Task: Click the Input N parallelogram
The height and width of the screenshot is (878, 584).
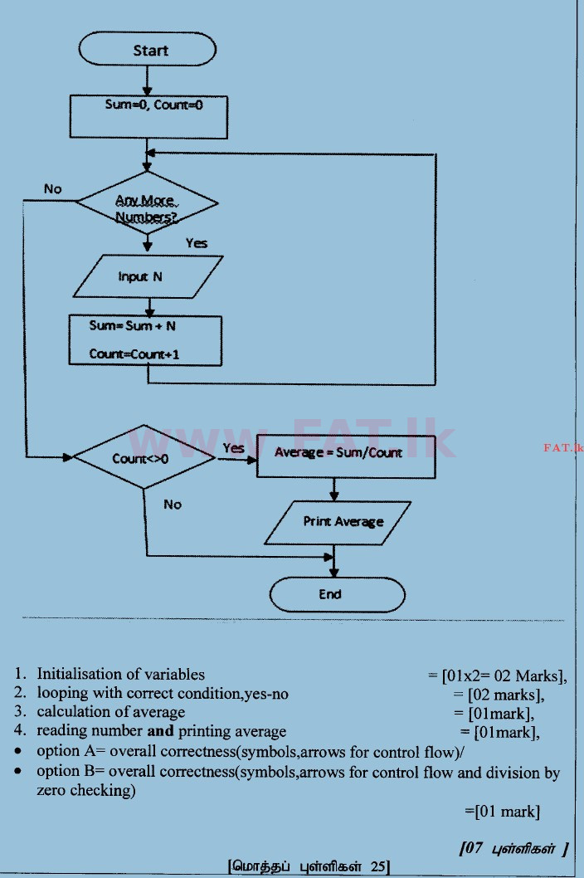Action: tap(148, 276)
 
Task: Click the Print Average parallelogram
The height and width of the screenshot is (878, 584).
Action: tap(343, 522)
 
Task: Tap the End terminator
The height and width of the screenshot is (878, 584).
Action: tap(337, 594)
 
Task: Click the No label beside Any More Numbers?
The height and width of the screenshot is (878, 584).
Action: tap(52, 189)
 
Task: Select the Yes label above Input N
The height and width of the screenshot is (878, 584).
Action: tap(197, 244)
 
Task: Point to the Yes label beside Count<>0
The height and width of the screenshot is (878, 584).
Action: tap(233, 449)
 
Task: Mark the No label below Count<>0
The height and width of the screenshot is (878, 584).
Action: tap(173, 505)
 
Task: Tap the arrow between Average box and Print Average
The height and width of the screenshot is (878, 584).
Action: tap(333, 489)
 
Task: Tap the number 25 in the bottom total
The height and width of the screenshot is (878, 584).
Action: tap(377, 867)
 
